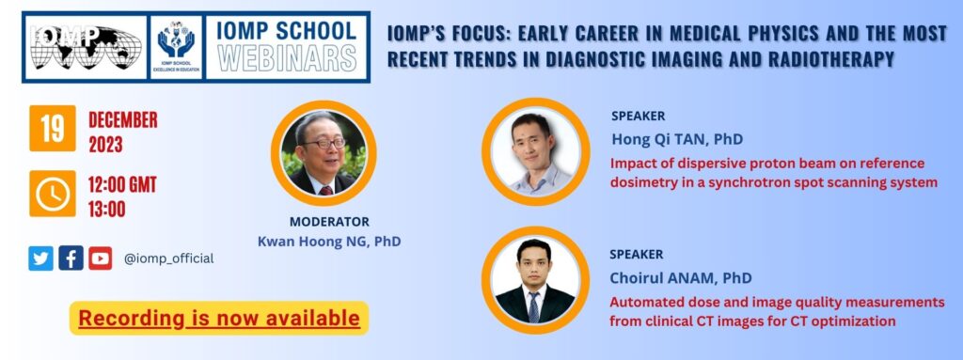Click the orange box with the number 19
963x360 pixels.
[x=53, y=129]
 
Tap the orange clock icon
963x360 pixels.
[x=53, y=194]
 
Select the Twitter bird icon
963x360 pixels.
[x=40, y=258]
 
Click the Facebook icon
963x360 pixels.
[x=71, y=258]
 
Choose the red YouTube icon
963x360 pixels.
[x=100, y=258]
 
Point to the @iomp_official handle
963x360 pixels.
[x=169, y=258]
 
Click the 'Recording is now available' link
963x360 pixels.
[x=218, y=319]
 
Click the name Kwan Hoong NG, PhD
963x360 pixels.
[x=329, y=242]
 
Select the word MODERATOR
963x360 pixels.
[x=329, y=222]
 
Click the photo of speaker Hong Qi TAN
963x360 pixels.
[x=535, y=151]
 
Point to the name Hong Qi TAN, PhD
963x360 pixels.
[x=677, y=139]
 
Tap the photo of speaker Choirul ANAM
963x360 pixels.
[x=535, y=280]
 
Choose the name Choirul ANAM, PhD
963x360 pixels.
[x=681, y=278]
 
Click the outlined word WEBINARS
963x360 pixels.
[x=288, y=57]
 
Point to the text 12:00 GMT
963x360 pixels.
[x=122, y=184]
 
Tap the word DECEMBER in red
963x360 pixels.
[x=123, y=119]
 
